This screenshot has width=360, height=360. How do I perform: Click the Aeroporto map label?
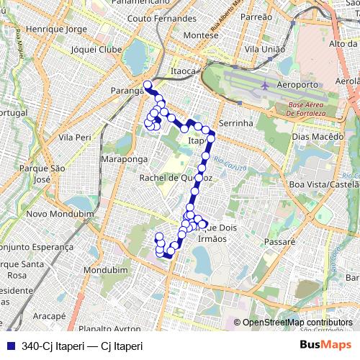pyautogui.click(x=297, y=85)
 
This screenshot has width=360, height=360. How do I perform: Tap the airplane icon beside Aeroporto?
pyautogui.click(x=265, y=85)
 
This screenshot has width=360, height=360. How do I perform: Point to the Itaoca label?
pyautogui.click(x=184, y=72)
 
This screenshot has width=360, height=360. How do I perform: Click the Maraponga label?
pyautogui.click(x=125, y=158)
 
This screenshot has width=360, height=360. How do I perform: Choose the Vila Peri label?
pyautogui.click(x=75, y=137)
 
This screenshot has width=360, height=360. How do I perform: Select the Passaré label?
pyautogui.click(x=280, y=243)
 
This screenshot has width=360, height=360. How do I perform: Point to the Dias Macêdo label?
pyautogui.click(x=315, y=135)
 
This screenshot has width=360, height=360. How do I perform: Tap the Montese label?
pyautogui.click(x=201, y=35)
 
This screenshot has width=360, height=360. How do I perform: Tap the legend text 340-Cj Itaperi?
pyautogui.click(x=82, y=346)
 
